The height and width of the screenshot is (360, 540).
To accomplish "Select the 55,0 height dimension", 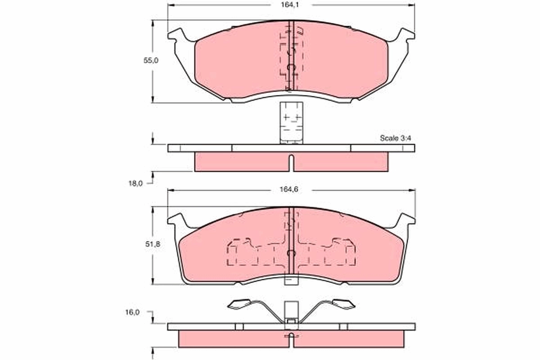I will click(151, 60).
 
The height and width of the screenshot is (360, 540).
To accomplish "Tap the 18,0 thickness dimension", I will click(136, 183).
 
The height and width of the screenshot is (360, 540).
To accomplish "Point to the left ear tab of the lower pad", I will click(177, 220).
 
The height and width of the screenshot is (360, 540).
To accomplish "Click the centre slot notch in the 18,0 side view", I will click(291, 162).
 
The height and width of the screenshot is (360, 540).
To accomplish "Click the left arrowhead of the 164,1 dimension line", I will click(170, 5).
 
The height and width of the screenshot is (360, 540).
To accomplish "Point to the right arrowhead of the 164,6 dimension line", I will click(413, 190).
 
